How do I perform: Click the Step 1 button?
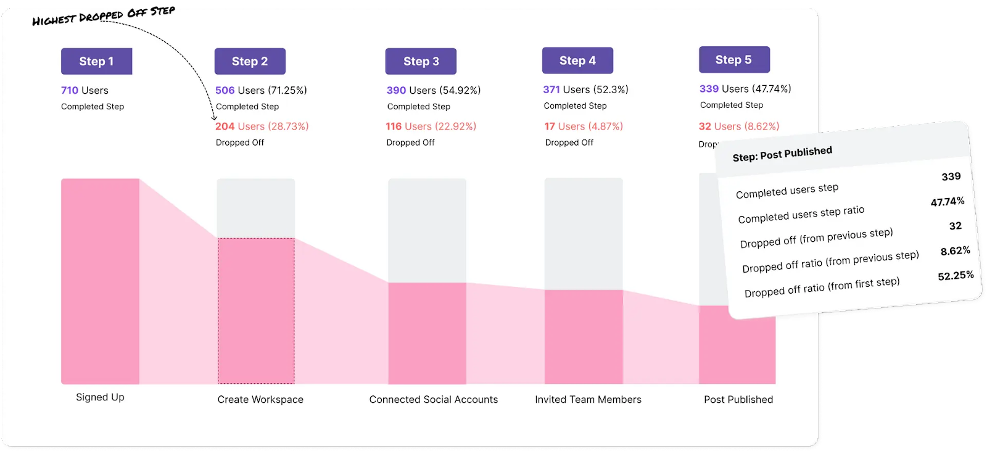(96, 61)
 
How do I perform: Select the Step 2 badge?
(250, 61)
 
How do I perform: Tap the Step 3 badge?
(421, 61)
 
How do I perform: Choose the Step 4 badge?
(577, 60)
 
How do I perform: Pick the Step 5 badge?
(733, 60)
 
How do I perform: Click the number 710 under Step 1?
(70, 90)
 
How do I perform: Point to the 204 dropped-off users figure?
(225, 126)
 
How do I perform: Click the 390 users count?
(396, 90)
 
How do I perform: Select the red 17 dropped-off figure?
(550, 126)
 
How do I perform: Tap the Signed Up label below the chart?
(100, 397)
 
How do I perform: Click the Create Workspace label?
(260, 400)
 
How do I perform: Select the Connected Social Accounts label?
(433, 400)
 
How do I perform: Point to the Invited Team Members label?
(588, 400)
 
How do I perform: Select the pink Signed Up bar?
(100, 281)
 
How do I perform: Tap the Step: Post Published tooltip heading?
(782, 154)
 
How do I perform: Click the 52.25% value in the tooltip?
(956, 276)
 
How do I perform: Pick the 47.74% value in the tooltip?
(948, 202)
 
